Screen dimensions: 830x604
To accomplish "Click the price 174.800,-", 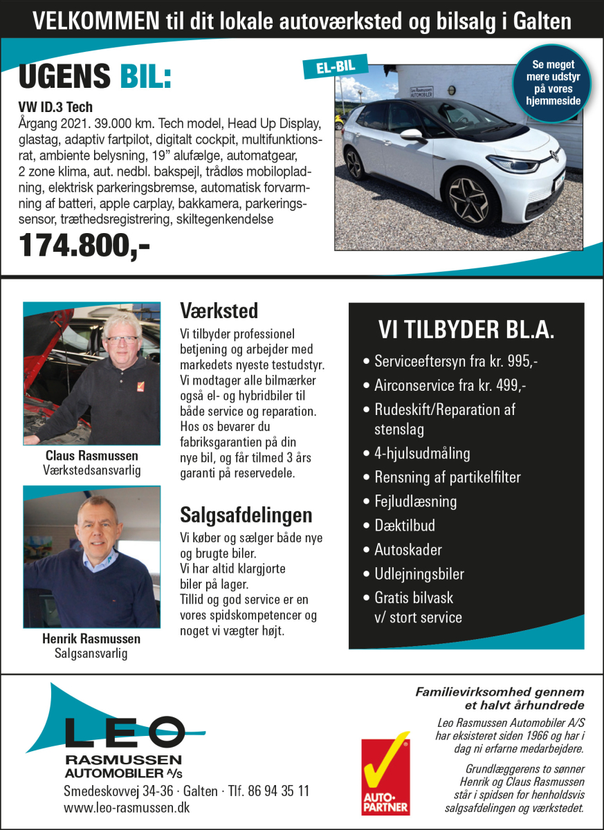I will click(x=84, y=246).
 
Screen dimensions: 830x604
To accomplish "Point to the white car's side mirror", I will click(x=413, y=135).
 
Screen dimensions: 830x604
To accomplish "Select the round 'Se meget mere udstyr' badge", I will click(x=551, y=82).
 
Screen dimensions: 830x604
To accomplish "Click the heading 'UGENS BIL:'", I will click(x=95, y=77).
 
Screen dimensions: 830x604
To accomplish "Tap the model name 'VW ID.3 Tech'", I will click(x=55, y=107).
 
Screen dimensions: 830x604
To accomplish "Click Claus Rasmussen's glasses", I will click(x=122, y=340).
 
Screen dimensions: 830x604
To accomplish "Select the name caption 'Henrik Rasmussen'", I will click(x=91, y=638).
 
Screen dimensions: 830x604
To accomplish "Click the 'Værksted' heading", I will click(x=219, y=309).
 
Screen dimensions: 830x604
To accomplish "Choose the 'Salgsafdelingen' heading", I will click(x=246, y=515).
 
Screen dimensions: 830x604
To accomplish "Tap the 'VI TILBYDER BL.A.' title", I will click(x=466, y=330).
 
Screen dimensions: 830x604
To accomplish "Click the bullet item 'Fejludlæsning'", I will click(x=415, y=501).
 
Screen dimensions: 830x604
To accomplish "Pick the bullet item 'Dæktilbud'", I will click(x=405, y=525).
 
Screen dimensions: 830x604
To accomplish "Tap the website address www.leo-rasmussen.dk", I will click(x=127, y=807).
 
